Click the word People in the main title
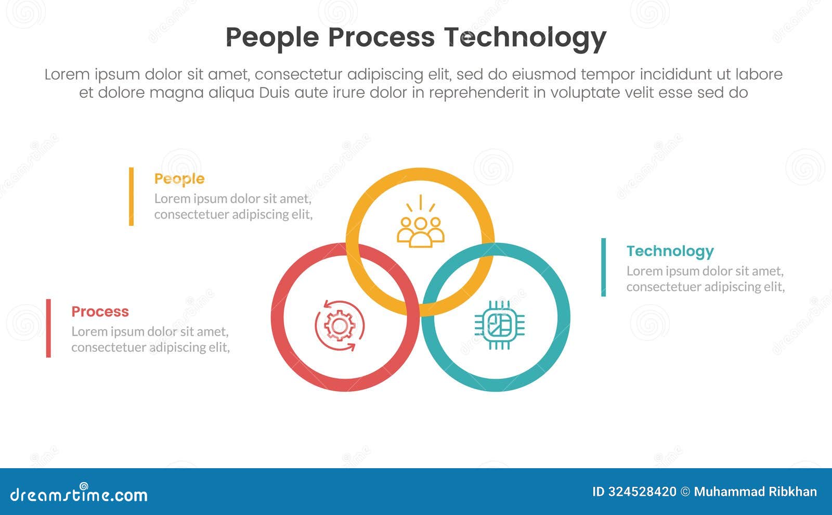[x=272, y=37]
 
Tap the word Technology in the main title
[x=525, y=37]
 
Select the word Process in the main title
[x=381, y=37]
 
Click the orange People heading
[x=179, y=179]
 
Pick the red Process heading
[x=100, y=312]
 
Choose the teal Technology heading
[x=670, y=251]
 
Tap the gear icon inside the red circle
[x=340, y=326]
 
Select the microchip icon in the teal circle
[x=499, y=325]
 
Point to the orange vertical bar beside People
[x=131, y=196]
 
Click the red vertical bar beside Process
[x=48, y=328]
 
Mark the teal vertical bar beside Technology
[x=603, y=267]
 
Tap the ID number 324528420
[x=642, y=492]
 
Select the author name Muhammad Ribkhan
[x=755, y=492]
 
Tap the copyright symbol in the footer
[x=685, y=492]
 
